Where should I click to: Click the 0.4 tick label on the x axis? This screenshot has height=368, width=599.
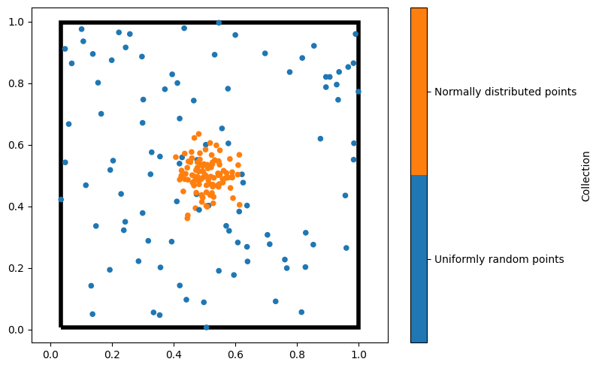pyautogui.click(x=174, y=349)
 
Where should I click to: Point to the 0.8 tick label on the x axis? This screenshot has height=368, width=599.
pyautogui.click(x=297, y=349)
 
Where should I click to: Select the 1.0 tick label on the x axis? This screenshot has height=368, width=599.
pyautogui.click(x=358, y=349)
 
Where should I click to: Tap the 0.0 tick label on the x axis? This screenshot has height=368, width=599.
pyautogui.click(x=50, y=349)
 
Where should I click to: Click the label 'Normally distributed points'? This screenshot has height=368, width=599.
pyautogui.click(x=506, y=92)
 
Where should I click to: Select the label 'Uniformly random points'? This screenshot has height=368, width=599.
pyautogui.click(x=499, y=259)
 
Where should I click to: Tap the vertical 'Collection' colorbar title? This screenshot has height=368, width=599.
pyautogui.click(x=585, y=176)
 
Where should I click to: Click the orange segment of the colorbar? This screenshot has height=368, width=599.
pyautogui.click(x=419, y=92)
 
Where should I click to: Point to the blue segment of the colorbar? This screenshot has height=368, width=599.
pyautogui.click(x=419, y=259)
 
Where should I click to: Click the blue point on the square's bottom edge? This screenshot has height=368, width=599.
pyautogui.click(x=207, y=327)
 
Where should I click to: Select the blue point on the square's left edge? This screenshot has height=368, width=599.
pyautogui.click(x=61, y=199)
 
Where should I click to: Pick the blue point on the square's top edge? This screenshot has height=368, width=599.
pyautogui.click(x=219, y=23)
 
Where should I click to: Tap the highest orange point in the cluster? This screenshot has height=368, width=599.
pyautogui.click(x=198, y=134)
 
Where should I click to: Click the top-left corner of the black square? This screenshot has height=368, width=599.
pyautogui.click(x=61, y=23)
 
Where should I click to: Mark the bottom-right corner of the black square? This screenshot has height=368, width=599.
pyautogui.click(x=358, y=327)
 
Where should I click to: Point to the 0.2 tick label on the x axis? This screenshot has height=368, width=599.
pyautogui.click(x=112, y=349)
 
